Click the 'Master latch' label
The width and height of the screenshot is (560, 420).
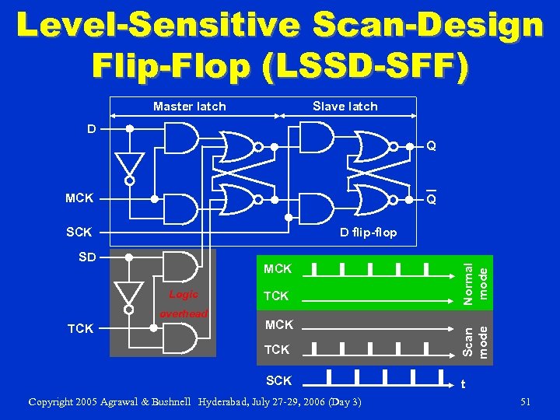pyautogui.click(x=189, y=107)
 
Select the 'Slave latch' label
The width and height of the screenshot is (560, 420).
pyautogui.click(x=345, y=107)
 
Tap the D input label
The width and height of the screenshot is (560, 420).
pyautogui.click(x=92, y=129)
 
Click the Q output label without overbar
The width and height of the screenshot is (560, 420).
pyautogui.click(x=430, y=145)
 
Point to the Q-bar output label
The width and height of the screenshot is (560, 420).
pyautogui.click(x=430, y=200)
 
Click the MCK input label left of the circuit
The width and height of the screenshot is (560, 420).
pyautogui.click(x=79, y=198)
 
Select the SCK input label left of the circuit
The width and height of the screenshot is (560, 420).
pyautogui.click(x=79, y=233)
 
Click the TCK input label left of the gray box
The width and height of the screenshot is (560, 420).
pyautogui.click(x=80, y=328)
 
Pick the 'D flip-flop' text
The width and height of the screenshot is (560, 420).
pyautogui.click(x=369, y=233)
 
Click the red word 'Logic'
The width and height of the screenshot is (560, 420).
pyautogui.click(x=184, y=295)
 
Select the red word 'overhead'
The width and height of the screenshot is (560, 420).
pyautogui.click(x=184, y=313)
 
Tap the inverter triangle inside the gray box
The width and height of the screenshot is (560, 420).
pyautogui.click(x=129, y=293)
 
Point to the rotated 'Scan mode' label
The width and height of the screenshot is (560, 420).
pyautogui.click(x=475, y=339)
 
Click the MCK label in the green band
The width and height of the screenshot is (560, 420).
pyautogui.click(x=278, y=269)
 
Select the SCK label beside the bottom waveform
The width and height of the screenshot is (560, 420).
pyautogui.click(x=278, y=380)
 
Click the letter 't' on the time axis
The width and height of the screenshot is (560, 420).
pyautogui.click(x=464, y=383)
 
